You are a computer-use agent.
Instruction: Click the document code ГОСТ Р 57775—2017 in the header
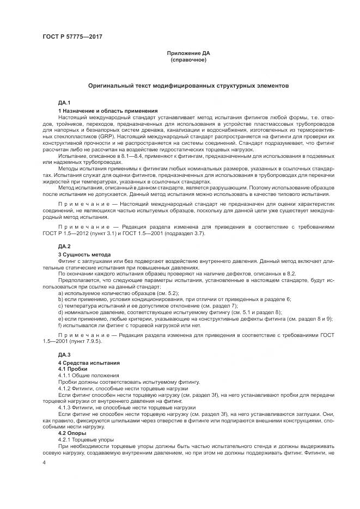coord(72,37)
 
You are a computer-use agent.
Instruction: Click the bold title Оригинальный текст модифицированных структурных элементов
coord(188,86)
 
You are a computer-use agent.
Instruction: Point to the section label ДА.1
coord(64,102)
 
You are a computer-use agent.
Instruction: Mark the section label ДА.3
coord(64,355)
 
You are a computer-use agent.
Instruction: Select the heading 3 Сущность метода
coord(84,255)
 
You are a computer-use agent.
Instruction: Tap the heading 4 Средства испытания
coord(89,363)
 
